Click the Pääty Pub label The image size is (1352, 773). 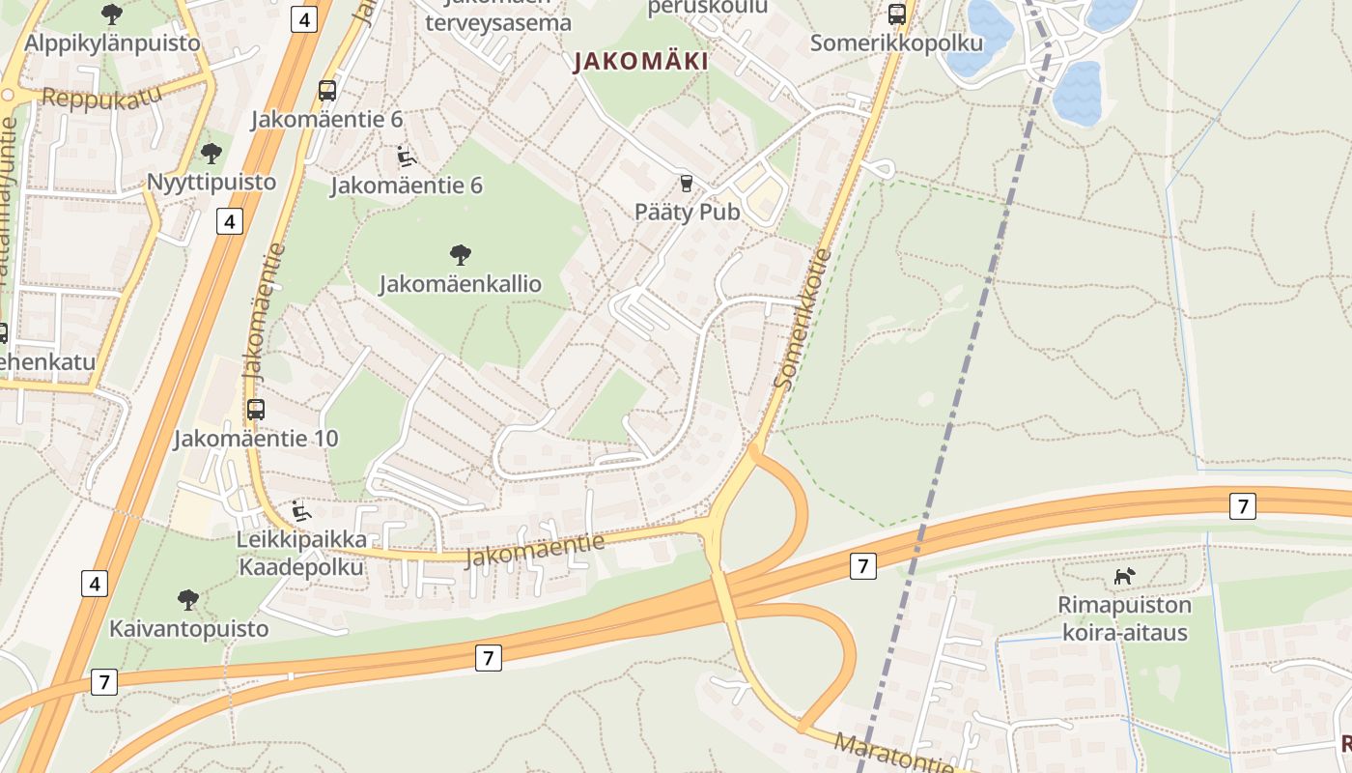[x=687, y=212]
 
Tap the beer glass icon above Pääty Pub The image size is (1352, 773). [x=687, y=183]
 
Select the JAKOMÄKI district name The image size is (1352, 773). [x=641, y=62]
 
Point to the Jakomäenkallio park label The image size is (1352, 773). [x=460, y=284]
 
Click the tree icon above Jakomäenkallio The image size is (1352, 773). [x=461, y=255]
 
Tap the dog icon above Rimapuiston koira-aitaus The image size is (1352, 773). [x=1124, y=577]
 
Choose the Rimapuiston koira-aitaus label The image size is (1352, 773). [x=1124, y=619]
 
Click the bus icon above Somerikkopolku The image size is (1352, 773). [x=897, y=14]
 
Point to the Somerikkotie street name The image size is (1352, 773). [x=803, y=320]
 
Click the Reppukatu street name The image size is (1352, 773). [x=100, y=98]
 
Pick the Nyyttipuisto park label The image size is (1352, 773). [x=211, y=182]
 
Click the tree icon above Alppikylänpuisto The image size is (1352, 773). [x=112, y=14]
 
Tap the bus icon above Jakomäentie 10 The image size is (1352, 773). [x=256, y=409]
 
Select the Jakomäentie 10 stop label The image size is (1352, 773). [x=256, y=439]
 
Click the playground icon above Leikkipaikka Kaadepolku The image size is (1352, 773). [x=300, y=509]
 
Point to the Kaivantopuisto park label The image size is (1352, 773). [x=188, y=629]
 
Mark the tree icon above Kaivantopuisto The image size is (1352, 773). [x=188, y=600]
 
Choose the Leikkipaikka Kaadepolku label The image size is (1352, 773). [x=300, y=553]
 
